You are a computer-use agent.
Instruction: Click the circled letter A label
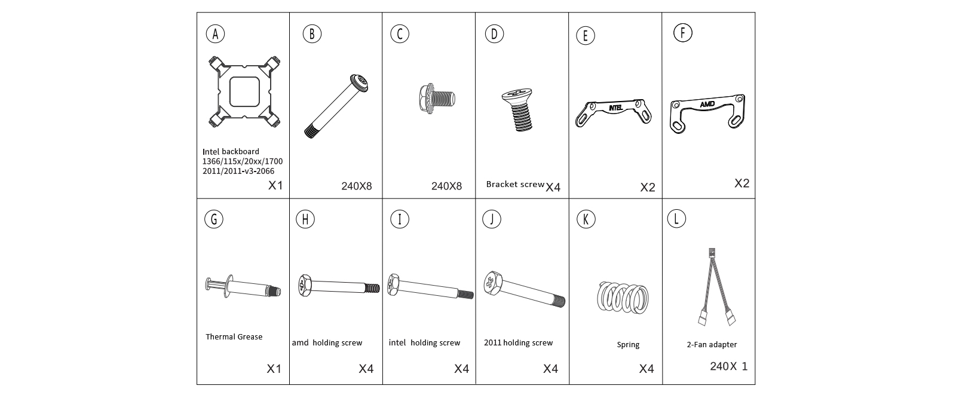click(215, 33)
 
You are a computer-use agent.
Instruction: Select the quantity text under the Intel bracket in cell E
click(648, 187)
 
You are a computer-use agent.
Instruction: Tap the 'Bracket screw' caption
click(515, 184)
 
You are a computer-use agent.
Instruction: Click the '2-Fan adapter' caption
click(712, 344)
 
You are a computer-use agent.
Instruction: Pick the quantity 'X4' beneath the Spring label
click(646, 369)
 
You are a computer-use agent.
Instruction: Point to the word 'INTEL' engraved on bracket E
click(615, 108)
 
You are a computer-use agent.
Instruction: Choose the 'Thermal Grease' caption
click(234, 336)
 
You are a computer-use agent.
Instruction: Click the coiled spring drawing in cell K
click(623, 298)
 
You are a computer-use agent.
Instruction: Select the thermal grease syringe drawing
click(243, 286)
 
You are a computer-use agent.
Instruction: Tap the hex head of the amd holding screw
click(305, 285)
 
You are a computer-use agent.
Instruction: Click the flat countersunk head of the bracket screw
click(517, 96)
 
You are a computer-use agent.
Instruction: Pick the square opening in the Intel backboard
click(244, 91)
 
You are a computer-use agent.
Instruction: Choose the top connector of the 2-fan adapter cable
click(712, 252)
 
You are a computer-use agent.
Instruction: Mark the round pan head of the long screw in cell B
click(359, 83)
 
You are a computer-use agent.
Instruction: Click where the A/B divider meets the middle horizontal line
click(289, 198)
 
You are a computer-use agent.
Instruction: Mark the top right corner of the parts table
click(755, 13)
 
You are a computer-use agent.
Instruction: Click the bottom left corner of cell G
click(197, 384)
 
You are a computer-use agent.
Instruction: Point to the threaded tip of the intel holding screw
click(465, 294)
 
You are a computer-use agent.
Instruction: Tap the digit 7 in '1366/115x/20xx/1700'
click(271, 161)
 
